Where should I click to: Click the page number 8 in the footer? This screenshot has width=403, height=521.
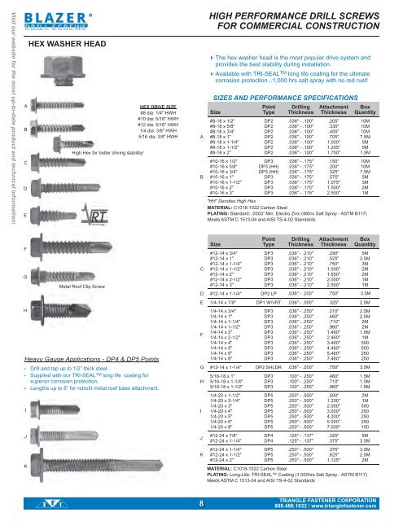click(200, 503)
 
